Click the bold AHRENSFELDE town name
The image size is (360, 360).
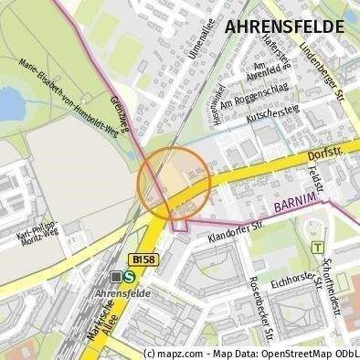pos(284,26)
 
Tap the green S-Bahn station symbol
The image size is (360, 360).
pos(131,275)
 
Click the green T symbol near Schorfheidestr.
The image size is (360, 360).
pos(316,247)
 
